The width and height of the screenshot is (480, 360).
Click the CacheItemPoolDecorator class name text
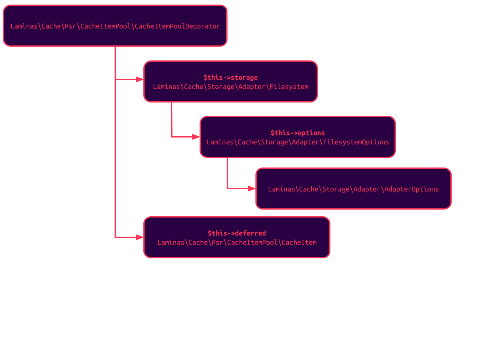coord(115,26)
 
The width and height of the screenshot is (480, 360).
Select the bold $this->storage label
coord(230,77)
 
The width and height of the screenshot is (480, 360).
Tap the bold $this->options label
coord(297,133)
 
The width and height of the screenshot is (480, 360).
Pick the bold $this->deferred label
coord(237,233)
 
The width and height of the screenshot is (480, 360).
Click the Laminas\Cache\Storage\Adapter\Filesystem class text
coord(230,87)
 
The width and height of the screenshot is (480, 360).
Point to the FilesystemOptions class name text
coord(297,142)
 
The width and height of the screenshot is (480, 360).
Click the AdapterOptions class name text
coord(353,189)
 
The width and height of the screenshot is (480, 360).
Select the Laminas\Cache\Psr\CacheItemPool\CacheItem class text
coord(237,242)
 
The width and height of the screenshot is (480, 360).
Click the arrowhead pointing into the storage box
coord(140,79)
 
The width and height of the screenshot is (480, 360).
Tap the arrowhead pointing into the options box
coord(196,137)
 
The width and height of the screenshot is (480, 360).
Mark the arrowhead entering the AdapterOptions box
coord(252,188)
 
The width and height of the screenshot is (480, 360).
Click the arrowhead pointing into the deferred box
coord(140,237)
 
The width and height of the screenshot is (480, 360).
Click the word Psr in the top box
coord(70,26)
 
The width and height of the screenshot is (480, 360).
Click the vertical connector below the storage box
coord(171,119)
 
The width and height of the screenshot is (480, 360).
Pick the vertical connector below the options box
coord(227,172)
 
